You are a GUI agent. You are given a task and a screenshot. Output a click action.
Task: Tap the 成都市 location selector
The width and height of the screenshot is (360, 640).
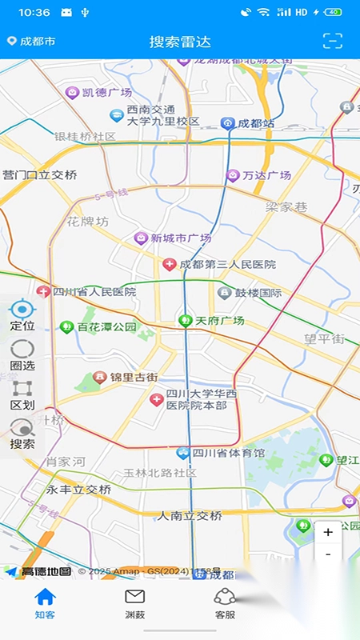(32, 41)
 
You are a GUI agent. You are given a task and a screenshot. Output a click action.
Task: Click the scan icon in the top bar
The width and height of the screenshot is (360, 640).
(332, 41)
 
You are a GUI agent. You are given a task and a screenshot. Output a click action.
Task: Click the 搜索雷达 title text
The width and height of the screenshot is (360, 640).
(180, 42)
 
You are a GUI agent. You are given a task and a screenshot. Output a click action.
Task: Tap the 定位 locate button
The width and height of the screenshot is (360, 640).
(22, 315)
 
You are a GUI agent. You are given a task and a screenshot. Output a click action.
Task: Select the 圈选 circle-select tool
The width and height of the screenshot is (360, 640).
(22, 354)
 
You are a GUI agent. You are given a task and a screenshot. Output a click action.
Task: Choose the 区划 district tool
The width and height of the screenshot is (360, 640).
(22, 394)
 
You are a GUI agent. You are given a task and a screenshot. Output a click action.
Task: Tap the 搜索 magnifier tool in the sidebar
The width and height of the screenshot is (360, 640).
(22, 434)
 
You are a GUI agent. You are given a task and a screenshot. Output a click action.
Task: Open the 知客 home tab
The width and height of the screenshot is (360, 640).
(45, 603)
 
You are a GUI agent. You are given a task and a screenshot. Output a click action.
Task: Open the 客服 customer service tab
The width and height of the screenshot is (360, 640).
(225, 603)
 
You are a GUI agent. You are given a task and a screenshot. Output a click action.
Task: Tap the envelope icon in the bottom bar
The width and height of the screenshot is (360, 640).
(135, 597)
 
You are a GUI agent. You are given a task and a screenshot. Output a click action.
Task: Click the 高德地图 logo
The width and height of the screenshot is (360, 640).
(40, 571)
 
